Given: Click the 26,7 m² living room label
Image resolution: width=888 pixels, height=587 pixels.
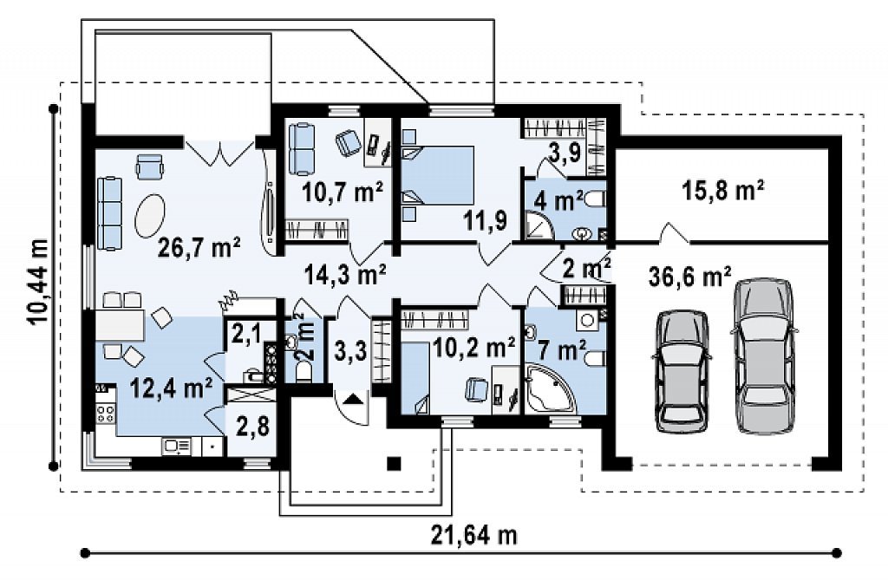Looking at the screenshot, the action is click(199, 247).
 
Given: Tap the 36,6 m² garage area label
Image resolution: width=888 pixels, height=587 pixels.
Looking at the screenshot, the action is click(689, 277).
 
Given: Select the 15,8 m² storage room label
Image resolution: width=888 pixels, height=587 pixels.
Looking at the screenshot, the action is click(722, 191).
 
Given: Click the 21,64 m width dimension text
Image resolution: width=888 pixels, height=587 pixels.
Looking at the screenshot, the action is click(474, 535).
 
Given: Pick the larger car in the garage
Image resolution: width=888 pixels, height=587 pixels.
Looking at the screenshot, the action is click(763, 356).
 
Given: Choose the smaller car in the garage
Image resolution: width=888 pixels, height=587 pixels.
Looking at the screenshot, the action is click(682, 372).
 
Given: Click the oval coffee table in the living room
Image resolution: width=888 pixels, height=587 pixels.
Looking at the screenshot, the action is click(149, 216).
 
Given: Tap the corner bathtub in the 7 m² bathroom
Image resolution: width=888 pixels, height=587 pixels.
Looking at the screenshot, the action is click(548, 389).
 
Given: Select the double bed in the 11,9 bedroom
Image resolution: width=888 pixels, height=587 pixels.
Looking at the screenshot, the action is click(438, 175).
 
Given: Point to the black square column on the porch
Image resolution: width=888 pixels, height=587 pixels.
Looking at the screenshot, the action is click(395, 464).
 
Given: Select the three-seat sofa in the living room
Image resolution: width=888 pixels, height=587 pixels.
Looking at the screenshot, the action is click(110, 213).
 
